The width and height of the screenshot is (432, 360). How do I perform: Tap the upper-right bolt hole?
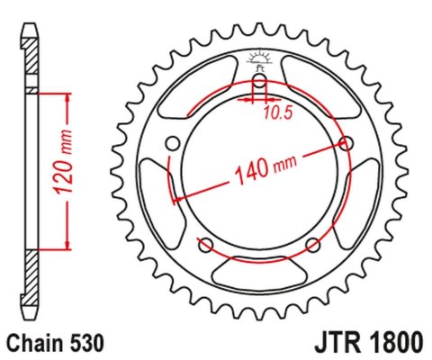click(346, 142)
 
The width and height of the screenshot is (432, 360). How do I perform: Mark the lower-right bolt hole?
click(312, 245)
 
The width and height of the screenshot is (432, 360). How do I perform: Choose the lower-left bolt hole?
click(205, 245)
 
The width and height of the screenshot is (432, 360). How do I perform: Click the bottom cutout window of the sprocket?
click(259, 270)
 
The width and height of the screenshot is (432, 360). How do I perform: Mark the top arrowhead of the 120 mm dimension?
click(64, 96)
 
